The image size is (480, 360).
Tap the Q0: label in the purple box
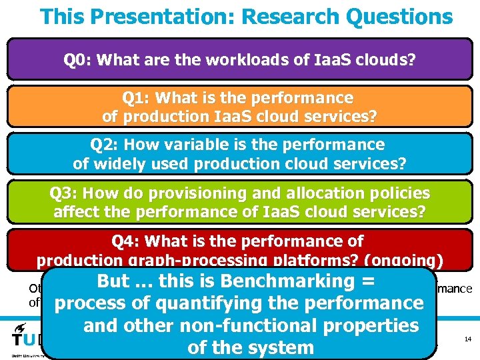pyautogui.click(x=78, y=61)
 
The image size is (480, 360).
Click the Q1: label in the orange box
pyautogui.click(x=137, y=98)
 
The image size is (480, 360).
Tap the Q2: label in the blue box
pyautogui.click(x=105, y=145)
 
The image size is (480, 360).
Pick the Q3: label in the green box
pyautogui.click(x=65, y=193)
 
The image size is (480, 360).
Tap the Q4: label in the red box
pyautogui.click(x=127, y=241)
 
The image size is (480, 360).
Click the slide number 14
pyautogui.click(x=467, y=339)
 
